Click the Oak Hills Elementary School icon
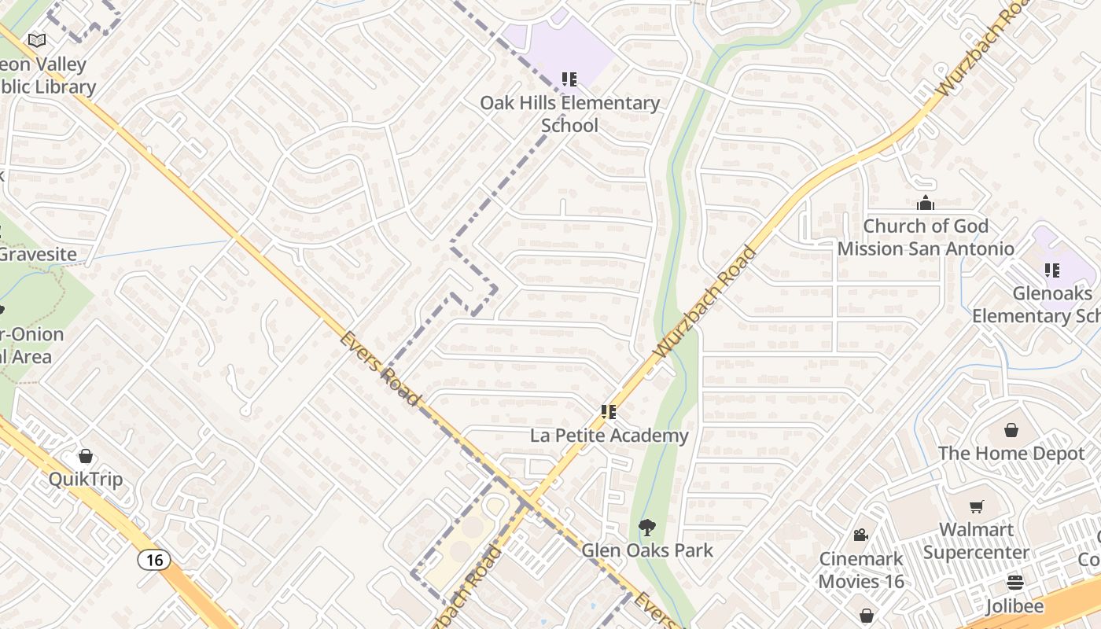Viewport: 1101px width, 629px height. click(x=569, y=79)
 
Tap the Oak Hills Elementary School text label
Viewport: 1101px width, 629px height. click(x=569, y=114)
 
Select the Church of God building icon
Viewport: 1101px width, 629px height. click(x=926, y=203)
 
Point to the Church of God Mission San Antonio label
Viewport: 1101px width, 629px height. click(x=926, y=237)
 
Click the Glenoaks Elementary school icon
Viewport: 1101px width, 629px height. click(x=1052, y=270)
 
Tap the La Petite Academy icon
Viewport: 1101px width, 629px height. click(x=608, y=411)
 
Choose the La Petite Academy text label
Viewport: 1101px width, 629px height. click(x=609, y=436)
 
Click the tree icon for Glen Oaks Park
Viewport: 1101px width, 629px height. click(x=646, y=527)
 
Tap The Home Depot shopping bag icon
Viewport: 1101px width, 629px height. click(x=1011, y=430)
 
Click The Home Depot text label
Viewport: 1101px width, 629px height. click(x=1011, y=454)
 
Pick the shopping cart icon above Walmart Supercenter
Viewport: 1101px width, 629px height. click(x=976, y=506)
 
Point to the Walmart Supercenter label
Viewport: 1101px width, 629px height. click(x=976, y=541)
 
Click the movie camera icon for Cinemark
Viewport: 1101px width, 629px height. click(x=861, y=535)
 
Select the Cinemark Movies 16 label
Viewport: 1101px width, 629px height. click(x=861, y=570)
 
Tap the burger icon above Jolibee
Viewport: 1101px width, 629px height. click(x=1015, y=583)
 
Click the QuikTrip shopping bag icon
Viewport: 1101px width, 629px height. click(x=86, y=456)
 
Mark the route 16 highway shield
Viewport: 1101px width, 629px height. click(x=154, y=560)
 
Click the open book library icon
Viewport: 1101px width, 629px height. click(x=37, y=40)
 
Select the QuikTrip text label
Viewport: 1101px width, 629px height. click(x=86, y=480)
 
